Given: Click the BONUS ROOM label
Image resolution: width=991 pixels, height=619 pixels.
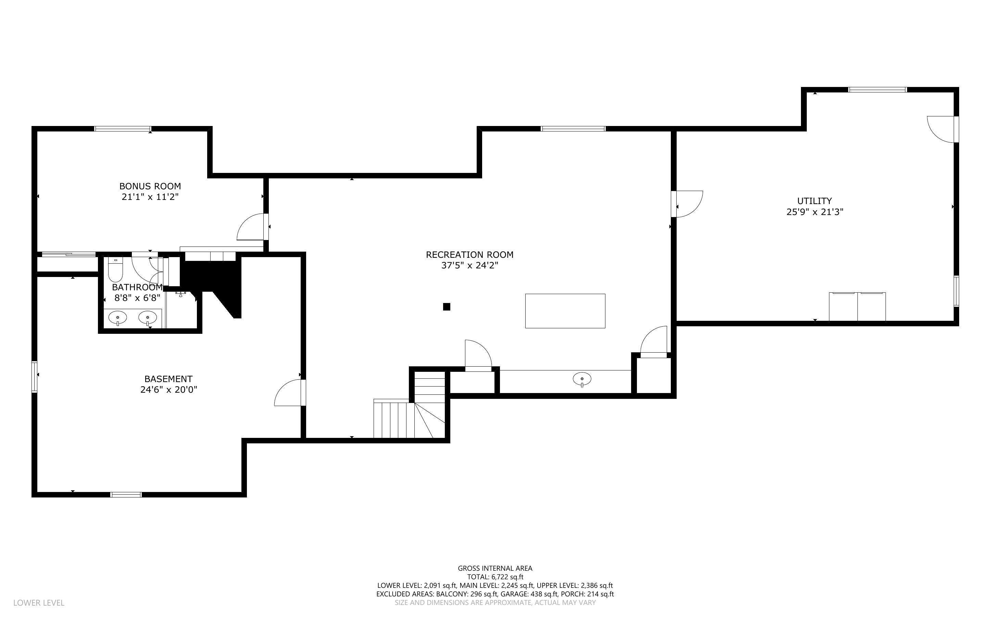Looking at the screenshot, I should coord(150,186).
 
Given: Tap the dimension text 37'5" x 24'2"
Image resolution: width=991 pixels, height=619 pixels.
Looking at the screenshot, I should coord(469,265).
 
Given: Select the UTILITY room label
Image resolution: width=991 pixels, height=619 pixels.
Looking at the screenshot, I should coord(814,201).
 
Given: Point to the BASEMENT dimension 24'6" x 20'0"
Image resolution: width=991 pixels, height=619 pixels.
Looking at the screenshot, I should coord(168,390).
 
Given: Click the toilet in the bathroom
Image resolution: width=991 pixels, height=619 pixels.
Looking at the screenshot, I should coord(115,270).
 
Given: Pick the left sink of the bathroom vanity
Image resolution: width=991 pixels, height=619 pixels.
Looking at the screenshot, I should coord(118,317).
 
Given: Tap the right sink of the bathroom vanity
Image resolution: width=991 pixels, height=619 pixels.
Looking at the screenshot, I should coord(147,317).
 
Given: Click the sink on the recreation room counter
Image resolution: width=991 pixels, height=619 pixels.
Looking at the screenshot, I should coord(582,379).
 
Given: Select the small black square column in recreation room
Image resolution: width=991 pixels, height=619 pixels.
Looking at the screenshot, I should coord(447,307).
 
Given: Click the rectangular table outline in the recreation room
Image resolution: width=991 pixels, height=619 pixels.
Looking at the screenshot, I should coord(565,311).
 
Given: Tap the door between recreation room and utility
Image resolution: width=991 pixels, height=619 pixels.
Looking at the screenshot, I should coord(688,204).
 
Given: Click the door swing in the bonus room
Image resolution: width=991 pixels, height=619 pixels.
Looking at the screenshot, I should coord(252,227).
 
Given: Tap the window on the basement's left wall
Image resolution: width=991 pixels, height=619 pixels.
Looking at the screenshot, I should coord(34,377).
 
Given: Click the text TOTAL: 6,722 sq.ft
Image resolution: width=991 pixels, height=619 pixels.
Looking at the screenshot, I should coord(495,577).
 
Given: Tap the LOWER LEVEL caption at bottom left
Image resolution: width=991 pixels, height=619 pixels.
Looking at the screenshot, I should coord(39,603).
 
